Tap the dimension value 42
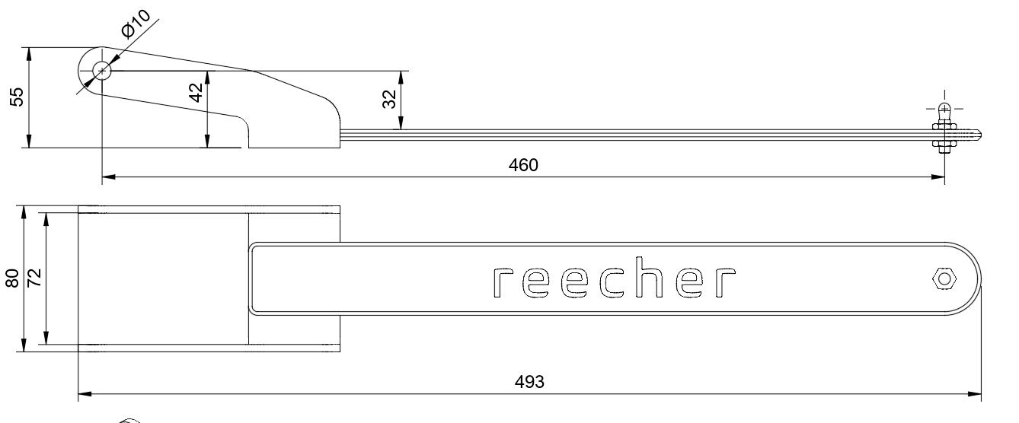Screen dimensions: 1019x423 (x=196, y=92)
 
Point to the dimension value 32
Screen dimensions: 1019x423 (x=389, y=100)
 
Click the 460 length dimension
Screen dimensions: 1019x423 (x=524, y=167)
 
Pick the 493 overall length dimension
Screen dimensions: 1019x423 (x=529, y=383)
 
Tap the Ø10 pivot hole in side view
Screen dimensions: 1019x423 (x=101, y=72)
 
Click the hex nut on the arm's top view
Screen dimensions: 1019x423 (x=944, y=278)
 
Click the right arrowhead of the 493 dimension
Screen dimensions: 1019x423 (x=976, y=394)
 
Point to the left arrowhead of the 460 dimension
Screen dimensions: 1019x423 (x=107, y=177)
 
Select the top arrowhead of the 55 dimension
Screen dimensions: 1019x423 (x=29, y=52)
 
